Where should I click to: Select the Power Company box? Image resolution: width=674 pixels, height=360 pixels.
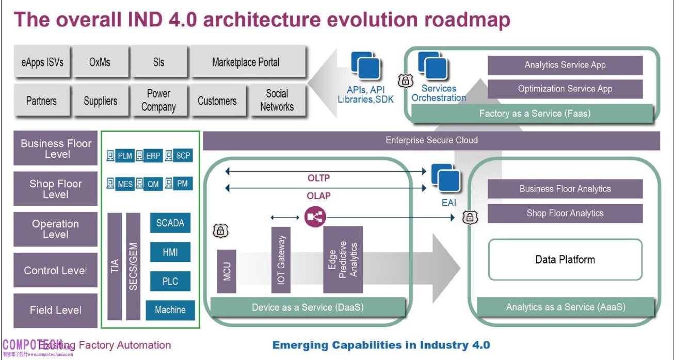[158, 101]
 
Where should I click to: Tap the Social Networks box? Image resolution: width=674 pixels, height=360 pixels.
[277, 101]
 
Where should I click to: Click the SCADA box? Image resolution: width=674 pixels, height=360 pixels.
[170, 223]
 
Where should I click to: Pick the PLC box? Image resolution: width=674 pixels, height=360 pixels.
[170, 281]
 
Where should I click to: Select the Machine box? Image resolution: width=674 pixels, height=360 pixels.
[170, 309]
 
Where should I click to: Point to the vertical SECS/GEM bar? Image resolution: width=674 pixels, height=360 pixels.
[133, 267]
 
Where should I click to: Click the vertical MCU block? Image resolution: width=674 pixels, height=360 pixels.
[227, 271]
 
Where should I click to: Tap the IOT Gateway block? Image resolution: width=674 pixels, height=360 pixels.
[281, 259]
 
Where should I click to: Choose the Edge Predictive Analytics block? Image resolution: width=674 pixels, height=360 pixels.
[343, 259]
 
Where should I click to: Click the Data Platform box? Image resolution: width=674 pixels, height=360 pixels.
[565, 259]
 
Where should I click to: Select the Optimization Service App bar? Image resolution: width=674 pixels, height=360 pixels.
[565, 89]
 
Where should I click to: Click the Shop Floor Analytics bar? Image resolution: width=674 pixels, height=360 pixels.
[565, 213]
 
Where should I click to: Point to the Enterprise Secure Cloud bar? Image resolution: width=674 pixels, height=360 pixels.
[431, 140]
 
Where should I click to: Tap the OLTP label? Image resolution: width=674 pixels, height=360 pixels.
[318, 178]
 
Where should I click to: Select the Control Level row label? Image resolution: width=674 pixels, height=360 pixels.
[56, 270]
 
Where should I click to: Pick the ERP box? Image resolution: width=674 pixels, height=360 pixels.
[153, 155]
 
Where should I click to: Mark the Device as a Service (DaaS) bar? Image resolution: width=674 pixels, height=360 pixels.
[308, 307]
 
